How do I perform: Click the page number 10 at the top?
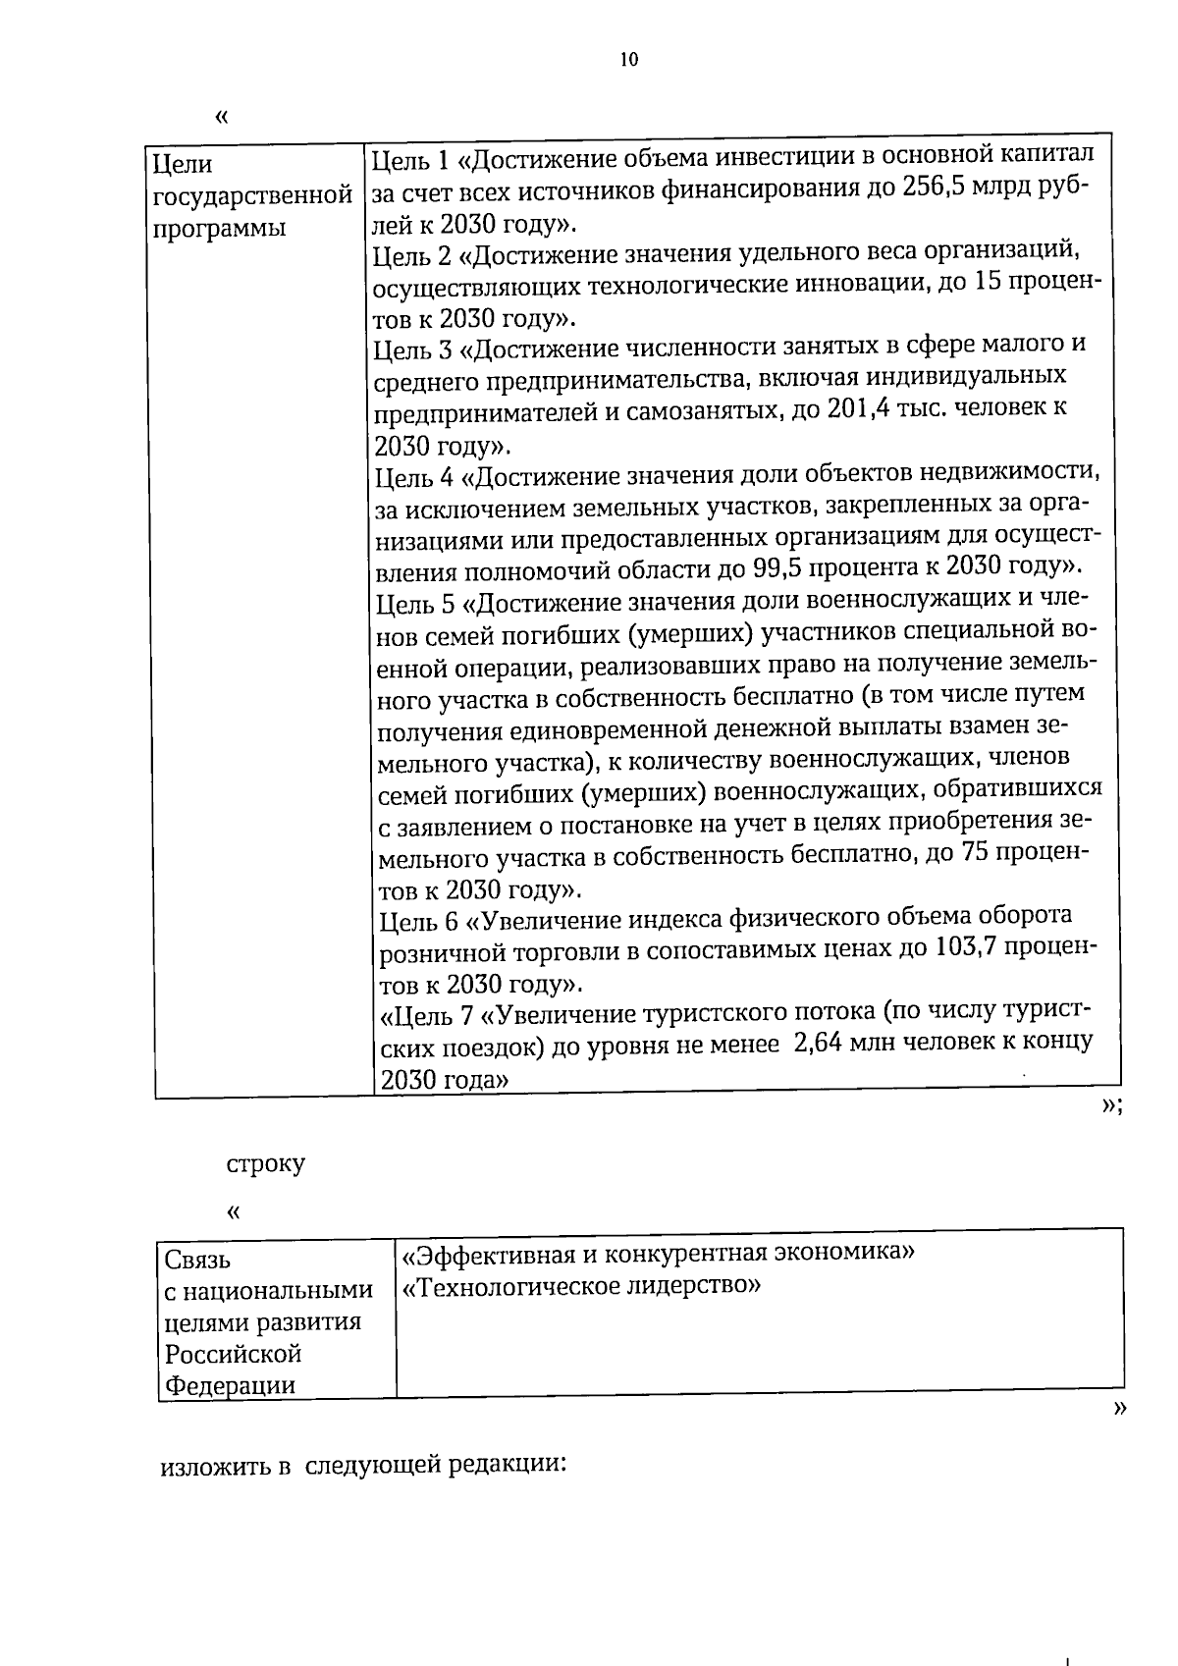[628, 60]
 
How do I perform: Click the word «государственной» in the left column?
[254, 195]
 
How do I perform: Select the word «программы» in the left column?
[219, 228]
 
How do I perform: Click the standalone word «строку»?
[265, 1164]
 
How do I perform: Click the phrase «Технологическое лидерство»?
[582, 1286]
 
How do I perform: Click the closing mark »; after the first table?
[1111, 1105]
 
